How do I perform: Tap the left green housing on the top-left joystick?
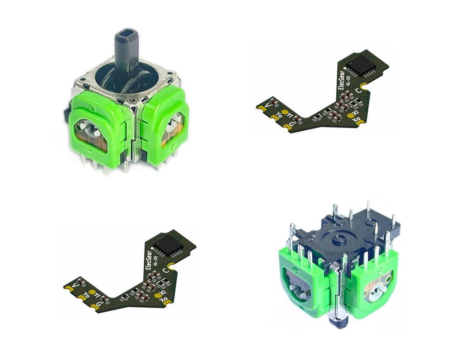[x=94, y=123]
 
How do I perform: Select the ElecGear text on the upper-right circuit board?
[x=342, y=80]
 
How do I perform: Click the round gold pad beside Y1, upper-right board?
[x=284, y=113]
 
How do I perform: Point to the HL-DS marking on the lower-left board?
[x=155, y=263]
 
